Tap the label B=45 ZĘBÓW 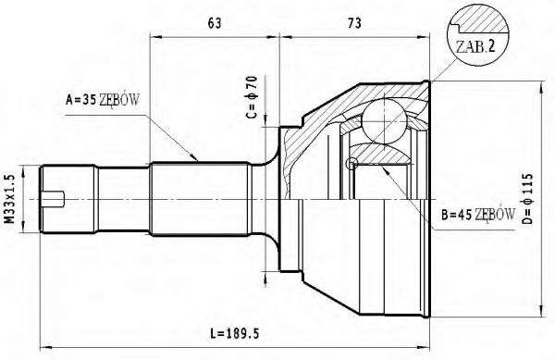477,215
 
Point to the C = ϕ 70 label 252,100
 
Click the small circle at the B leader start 351,164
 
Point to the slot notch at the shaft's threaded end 56,197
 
